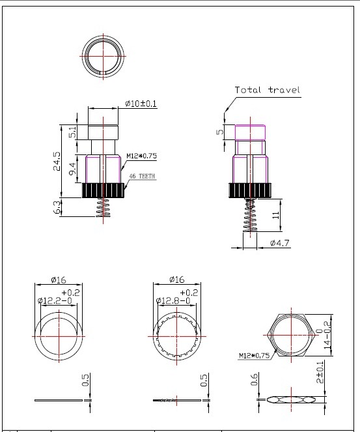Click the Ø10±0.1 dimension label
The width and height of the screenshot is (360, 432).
141,104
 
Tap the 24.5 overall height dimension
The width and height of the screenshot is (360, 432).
57,161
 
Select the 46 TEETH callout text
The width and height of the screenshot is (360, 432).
143,176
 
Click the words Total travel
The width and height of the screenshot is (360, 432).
267,90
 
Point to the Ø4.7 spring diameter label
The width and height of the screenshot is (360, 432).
279,243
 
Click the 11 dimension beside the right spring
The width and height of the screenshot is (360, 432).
275,215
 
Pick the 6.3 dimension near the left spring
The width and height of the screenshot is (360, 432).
57,207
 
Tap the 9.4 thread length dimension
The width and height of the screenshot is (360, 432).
72,169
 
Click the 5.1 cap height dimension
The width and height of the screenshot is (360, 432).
72,132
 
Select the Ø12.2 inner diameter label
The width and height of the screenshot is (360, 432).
55,300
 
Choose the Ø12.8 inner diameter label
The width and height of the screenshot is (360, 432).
173,300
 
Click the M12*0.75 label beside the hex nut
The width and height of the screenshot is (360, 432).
254,355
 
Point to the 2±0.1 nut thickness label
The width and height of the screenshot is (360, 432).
320,372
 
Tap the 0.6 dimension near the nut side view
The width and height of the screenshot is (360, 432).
254,379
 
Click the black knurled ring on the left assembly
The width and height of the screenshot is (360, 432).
104,190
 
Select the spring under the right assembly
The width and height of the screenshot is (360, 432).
250,216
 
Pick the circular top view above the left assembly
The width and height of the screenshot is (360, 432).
82,56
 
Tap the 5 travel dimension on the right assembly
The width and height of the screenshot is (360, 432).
220,132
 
